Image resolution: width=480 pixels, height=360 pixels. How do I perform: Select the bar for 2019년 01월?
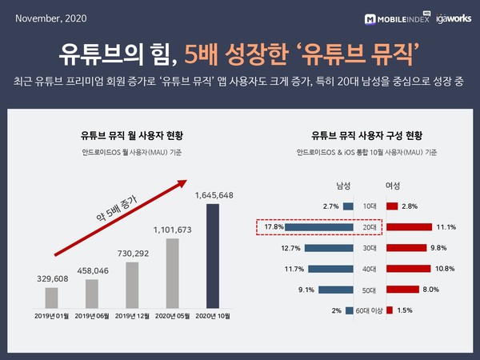51,297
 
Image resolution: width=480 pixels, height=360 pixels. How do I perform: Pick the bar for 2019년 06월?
92,293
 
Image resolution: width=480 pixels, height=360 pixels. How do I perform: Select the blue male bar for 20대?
319,227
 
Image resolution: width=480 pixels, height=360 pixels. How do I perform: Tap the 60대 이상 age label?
369,310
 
